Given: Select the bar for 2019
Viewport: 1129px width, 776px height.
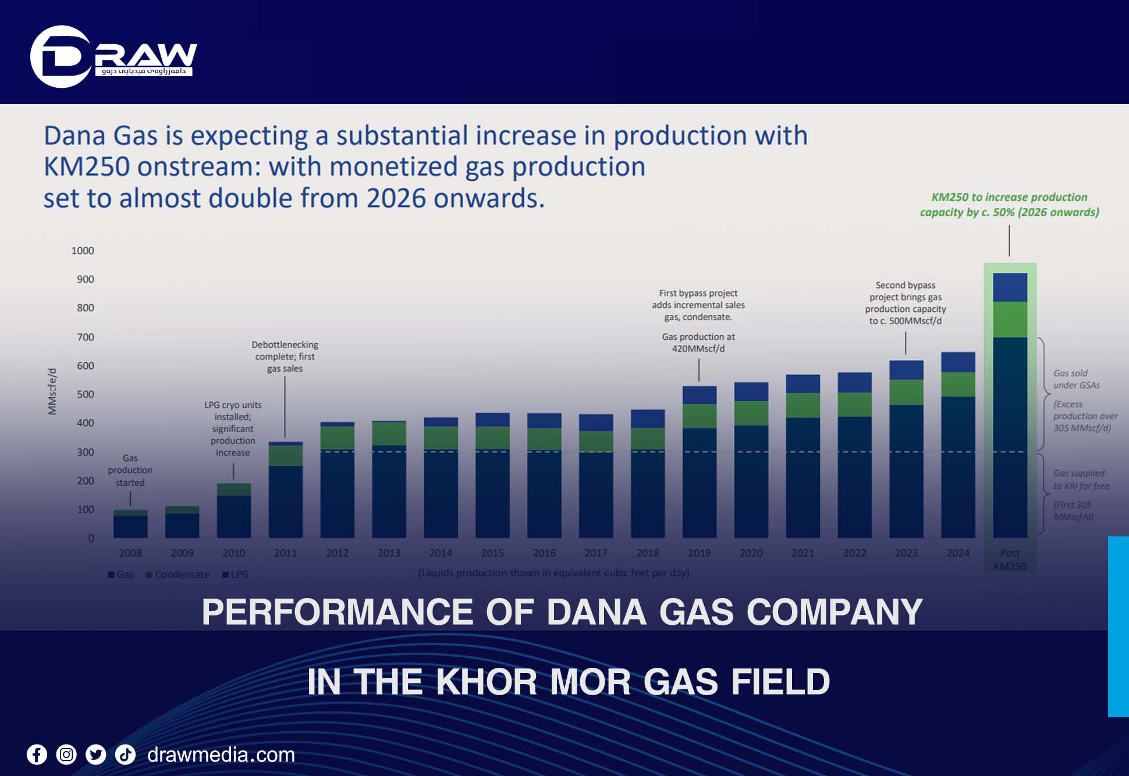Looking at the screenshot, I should (699, 462).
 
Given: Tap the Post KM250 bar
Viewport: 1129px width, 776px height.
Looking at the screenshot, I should (1010, 407).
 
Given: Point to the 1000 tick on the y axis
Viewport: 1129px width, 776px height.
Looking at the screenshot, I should (83, 251).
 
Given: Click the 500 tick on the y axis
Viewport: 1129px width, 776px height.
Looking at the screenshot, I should (85, 394).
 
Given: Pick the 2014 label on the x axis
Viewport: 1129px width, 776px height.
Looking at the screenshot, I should (441, 553).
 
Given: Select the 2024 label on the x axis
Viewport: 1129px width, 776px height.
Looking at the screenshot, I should (957, 553).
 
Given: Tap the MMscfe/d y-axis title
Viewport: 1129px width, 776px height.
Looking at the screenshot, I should (52, 391).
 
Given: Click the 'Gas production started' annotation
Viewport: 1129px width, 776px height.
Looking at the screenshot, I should (130, 471).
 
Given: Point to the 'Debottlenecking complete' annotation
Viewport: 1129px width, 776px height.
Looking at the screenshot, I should (285, 357).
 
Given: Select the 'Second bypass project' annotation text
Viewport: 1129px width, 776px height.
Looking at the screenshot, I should (905, 303).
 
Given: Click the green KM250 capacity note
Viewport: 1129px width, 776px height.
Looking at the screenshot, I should (1009, 205).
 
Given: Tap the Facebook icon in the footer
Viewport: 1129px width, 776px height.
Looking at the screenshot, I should (37, 755).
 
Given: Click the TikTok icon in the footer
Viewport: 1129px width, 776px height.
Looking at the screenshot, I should (125, 755).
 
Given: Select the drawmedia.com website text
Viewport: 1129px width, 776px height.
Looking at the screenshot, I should (221, 755).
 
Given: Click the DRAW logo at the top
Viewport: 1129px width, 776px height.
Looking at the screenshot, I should (113, 56).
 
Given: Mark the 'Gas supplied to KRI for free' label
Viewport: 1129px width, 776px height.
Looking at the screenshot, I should (1081, 480).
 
